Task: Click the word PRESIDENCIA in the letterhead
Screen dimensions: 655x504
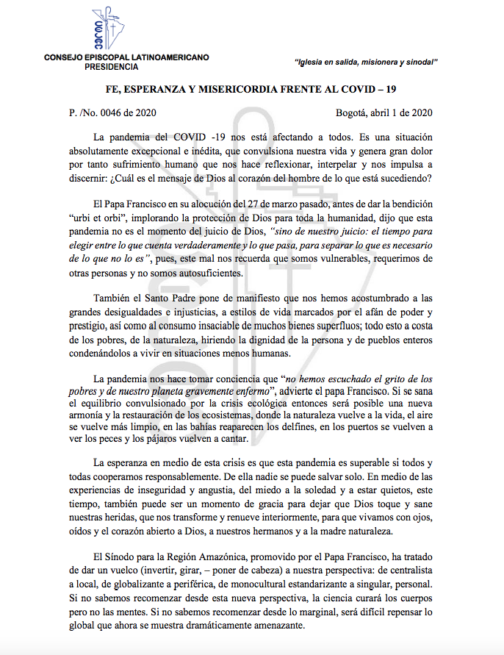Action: (110, 67)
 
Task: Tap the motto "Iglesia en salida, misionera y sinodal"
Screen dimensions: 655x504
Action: (365, 62)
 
